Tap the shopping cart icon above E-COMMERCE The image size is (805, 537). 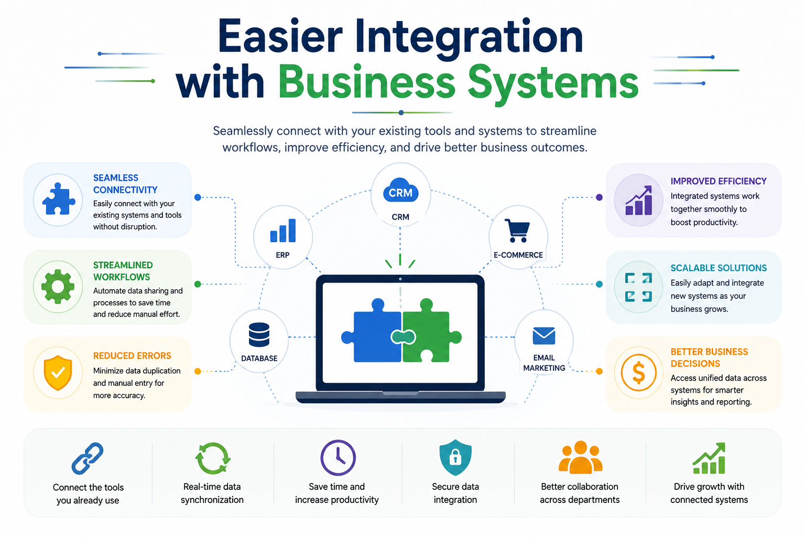(x=517, y=231)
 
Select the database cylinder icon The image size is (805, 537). (x=259, y=335)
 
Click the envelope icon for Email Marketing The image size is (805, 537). (x=543, y=336)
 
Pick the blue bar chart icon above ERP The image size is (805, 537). (x=283, y=230)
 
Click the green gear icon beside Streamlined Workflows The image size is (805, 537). (x=58, y=287)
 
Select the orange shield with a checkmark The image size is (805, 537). (x=58, y=373)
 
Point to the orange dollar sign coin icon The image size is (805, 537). (x=638, y=373)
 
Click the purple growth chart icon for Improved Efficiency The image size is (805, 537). (x=639, y=200)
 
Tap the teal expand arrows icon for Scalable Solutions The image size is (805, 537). (x=638, y=287)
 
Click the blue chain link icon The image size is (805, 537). (x=88, y=458)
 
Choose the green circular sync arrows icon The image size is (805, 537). (x=213, y=458)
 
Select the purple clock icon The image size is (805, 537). (x=338, y=458)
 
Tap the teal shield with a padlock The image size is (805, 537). (x=455, y=457)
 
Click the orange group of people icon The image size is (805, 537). (x=580, y=457)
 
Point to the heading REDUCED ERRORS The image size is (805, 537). (x=132, y=356)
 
